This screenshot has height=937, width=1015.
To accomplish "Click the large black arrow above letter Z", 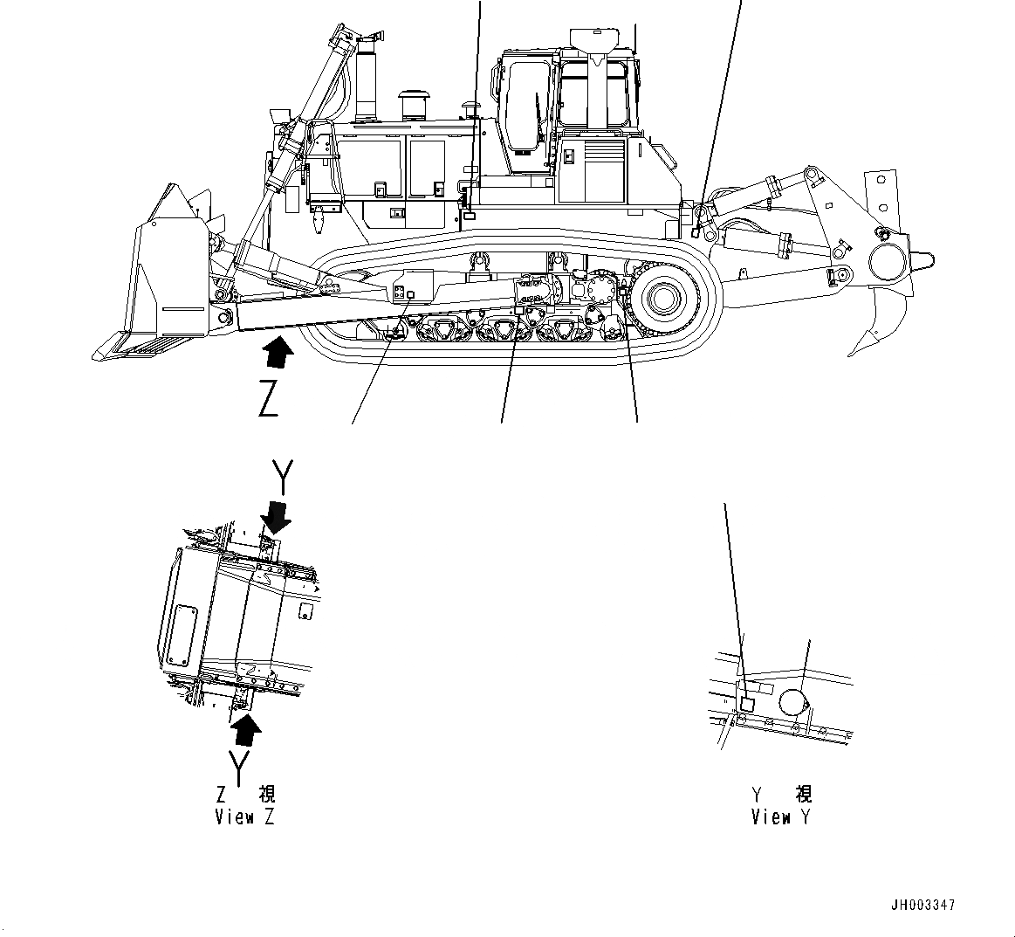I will pyautogui.click(x=278, y=357).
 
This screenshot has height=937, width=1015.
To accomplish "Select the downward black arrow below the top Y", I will pyautogui.click(x=278, y=516).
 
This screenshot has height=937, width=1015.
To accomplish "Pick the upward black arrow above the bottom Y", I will pyautogui.click(x=247, y=728).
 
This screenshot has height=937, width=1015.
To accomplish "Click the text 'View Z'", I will pyautogui.click(x=244, y=817).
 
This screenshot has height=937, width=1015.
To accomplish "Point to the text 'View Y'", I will pyautogui.click(x=781, y=817).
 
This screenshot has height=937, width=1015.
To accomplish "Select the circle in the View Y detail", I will pyautogui.click(x=793, y=700).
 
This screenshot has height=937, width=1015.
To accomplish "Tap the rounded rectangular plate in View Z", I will pyautogui.click(x=183, y=634).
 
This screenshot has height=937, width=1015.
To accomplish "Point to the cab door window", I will pyautogui.click(x=525, y=105).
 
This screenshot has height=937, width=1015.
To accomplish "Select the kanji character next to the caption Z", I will pyautogui.click(x=266, y=794).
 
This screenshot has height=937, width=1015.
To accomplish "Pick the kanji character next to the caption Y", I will pyautogui.click(x=803, y=794).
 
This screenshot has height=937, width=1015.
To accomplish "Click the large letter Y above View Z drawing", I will pyautogui.click(x=281, y=476).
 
